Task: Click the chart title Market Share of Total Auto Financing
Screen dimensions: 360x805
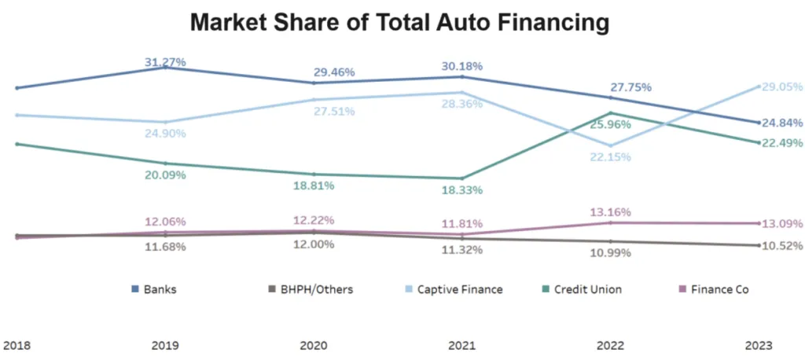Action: point(400,22)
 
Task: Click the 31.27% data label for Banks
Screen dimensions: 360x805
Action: point(164,61)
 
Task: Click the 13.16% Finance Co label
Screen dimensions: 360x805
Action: point(610,212)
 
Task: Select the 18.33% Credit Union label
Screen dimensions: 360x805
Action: point(461,189)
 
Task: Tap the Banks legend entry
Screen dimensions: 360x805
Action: point(154,289)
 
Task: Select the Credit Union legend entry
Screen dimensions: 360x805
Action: point(580,289)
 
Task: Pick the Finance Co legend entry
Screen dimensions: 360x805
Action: point(712,289)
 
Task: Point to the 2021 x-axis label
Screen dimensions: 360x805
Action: point(461,345)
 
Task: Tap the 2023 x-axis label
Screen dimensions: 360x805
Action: point(759,345)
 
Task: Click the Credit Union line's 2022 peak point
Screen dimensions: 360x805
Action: point(610,112)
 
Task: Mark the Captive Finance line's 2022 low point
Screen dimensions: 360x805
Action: point(610,145)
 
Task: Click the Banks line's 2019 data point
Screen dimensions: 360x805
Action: point(164,68)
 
